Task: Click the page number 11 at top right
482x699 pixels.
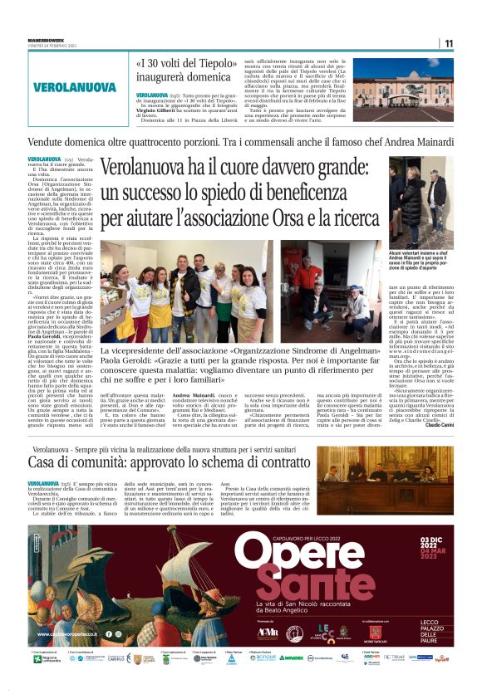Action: (449, 43)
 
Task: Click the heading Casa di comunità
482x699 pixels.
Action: (76, 461)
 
